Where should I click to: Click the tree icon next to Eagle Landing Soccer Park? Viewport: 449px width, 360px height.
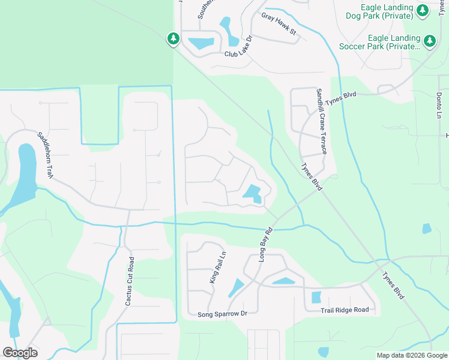[x=429, y=41]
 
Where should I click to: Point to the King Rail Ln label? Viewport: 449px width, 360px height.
[x=217, y=266]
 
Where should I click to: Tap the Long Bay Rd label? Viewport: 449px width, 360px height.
[x=265, y=244]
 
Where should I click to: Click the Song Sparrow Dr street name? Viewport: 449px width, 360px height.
[x=223, y=314]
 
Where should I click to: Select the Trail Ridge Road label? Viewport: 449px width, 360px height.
[x=344, y=310]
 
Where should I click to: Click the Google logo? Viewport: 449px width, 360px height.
[x=20, y=352]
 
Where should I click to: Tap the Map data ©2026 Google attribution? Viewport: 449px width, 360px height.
[x=412, y=355]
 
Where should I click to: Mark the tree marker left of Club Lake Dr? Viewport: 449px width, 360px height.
[x=173, y=39]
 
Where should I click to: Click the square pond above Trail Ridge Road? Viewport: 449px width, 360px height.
[x=316, y=297]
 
